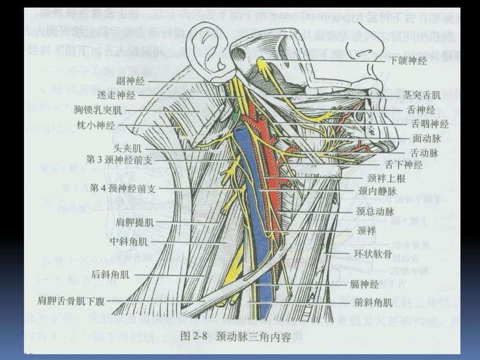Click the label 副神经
pos(131,80)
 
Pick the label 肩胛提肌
pos(135,222)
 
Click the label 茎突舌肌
pos(422,95)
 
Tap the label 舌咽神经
pos(430,124)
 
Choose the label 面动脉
pos(427,139)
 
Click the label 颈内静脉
pos(376,192)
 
